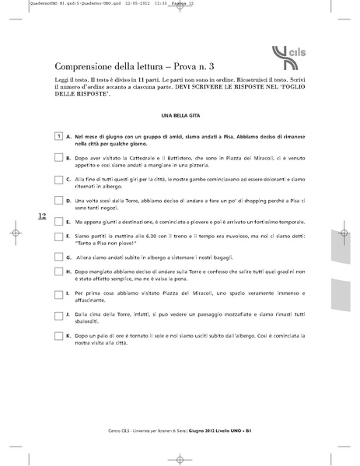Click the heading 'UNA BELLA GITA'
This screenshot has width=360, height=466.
(180, 115)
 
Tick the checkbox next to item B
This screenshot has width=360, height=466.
(59, 157)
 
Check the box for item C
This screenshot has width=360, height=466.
(59, 179)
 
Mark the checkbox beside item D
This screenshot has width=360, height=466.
(59, 201)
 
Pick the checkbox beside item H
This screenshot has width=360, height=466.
(59, 271)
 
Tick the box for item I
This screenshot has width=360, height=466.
(59, 293)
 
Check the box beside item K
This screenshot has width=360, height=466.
(59, 335)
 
